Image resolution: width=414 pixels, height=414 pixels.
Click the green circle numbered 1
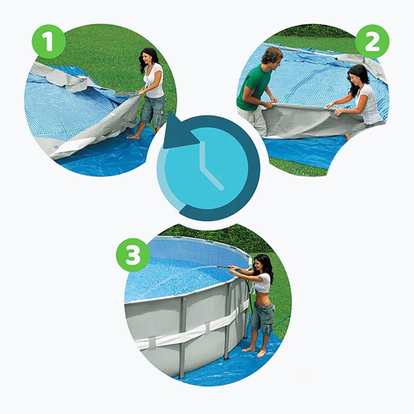pyautogui.click(x=49, y=41)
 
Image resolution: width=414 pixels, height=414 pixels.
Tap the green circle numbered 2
pyautogui.click(x=372, y=41)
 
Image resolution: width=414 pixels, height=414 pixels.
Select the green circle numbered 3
pyautogui.click(x=133, y=255)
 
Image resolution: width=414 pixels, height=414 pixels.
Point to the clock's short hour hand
pyautogui.click(x=212, y=178)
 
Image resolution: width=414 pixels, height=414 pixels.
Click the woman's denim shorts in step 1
pyautogui.click(x=153, y=110)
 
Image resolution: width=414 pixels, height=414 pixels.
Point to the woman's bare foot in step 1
pyautogui.click(x=133, y=137)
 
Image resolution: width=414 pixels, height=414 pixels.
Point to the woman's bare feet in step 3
pyautogui.click(x=255, y=351)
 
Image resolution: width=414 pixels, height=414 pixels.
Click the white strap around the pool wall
pyautogui.click(x=190, y=330)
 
